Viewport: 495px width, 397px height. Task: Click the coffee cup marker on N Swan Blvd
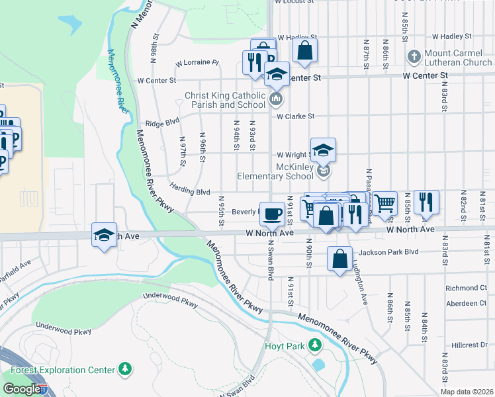tap(271, 214)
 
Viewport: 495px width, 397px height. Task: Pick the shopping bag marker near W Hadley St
tap(304, 50)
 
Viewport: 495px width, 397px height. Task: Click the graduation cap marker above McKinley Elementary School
tap(323, 150)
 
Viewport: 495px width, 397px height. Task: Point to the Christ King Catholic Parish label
tap(225, 100)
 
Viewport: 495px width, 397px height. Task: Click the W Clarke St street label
tap(295, 116)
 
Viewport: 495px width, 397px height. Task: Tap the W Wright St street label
tap(295, 154)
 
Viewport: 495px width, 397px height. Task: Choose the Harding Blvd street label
tap(190, 191)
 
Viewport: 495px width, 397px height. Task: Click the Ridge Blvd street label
tap(163, 122)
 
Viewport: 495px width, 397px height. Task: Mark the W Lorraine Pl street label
tap(197, 64)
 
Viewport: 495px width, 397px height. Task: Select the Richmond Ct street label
tap(465, 288)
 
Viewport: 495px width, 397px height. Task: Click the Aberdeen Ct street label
tap(465, 303)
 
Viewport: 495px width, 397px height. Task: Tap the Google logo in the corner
tap(22, 389)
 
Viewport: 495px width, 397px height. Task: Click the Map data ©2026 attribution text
tap(467, 392)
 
